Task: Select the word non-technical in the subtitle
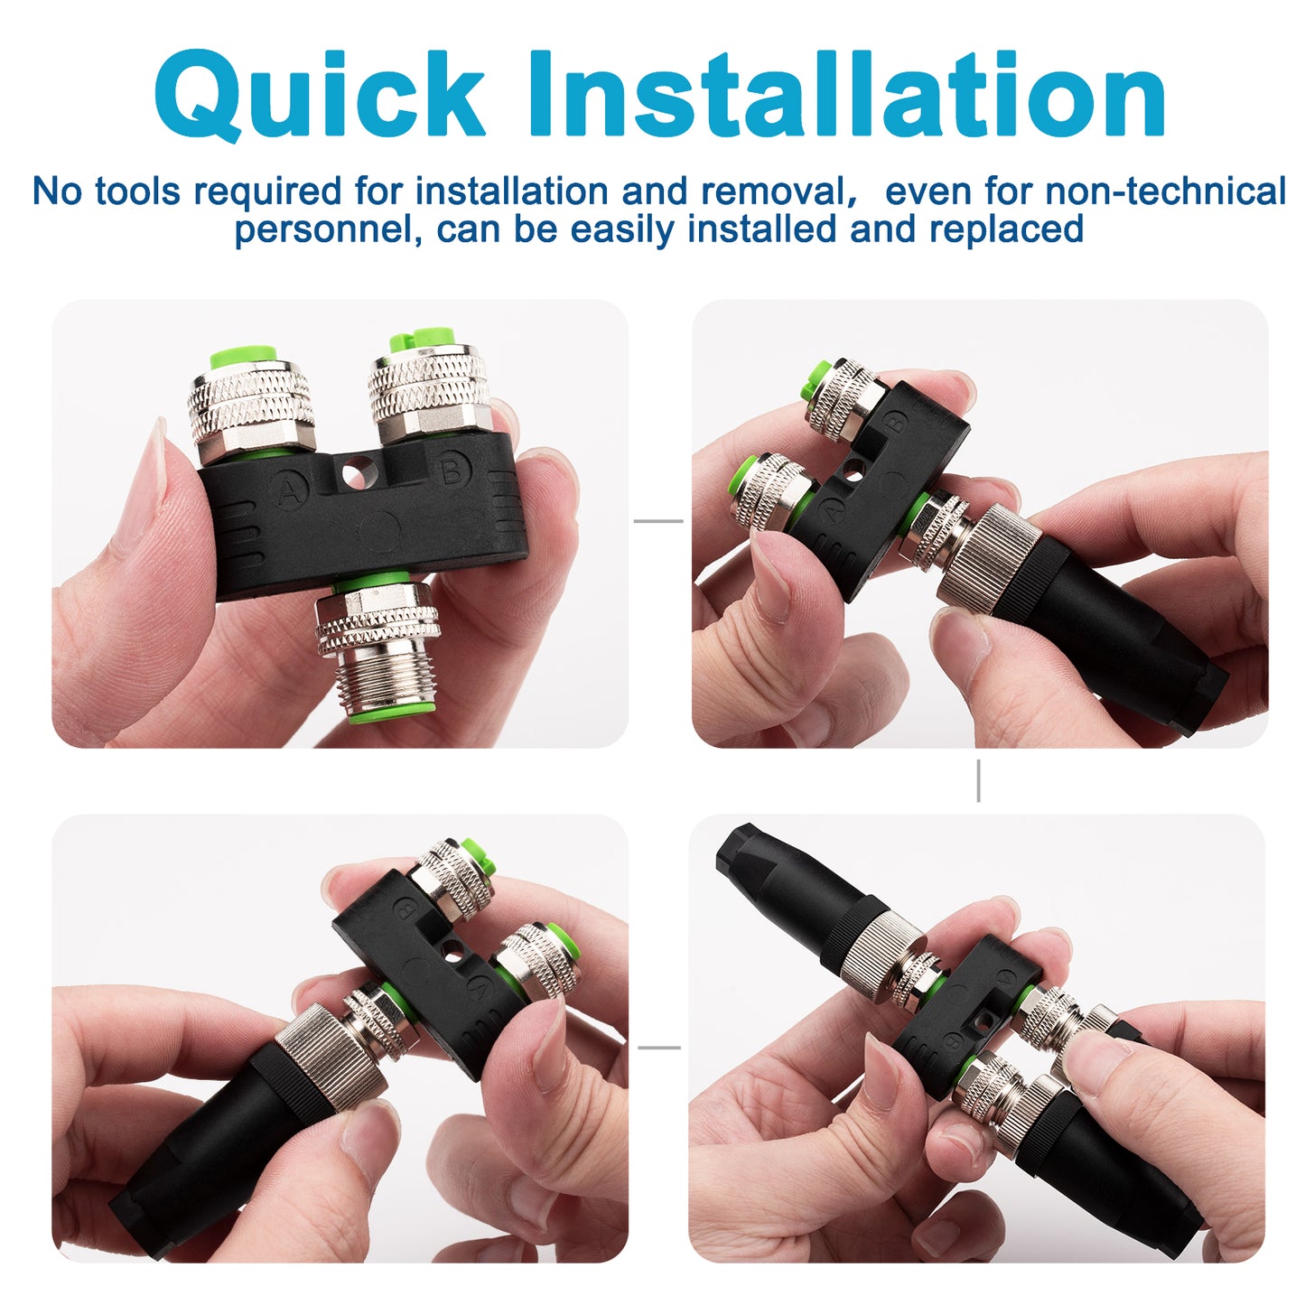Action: (1165, 191)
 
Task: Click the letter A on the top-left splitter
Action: (290, 490)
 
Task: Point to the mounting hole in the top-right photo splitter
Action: (852, 469)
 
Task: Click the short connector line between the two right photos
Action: (978, 780)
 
